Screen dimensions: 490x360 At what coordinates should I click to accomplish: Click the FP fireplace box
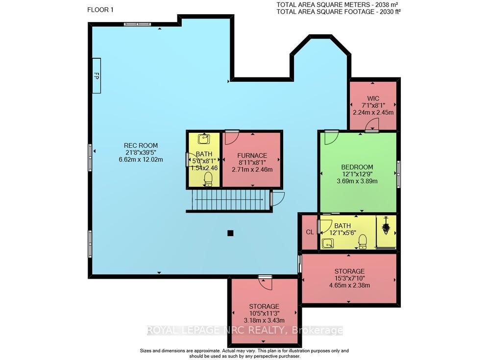tap(96, 75)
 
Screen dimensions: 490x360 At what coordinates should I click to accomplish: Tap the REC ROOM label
tap(141, 145)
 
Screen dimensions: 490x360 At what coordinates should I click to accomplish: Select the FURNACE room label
tap(252, 155)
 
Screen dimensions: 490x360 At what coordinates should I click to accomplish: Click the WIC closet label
tap(373, 98)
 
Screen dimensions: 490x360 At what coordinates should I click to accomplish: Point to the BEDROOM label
tap(357, 167)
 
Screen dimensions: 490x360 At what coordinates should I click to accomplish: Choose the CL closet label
tap(310, 232)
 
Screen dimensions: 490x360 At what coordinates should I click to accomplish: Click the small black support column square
tap(230, 233)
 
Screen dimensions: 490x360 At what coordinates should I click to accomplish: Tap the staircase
tap(228, 200)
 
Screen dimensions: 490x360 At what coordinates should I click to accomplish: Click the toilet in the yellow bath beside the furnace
tap(208, 179)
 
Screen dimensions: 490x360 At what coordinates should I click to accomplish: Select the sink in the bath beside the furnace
tap(204, 139)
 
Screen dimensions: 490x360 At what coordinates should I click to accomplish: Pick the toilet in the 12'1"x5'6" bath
tap(363, 241)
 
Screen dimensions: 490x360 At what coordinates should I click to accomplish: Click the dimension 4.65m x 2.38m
tap(349, 286)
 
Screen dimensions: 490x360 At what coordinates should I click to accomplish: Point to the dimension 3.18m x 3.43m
tap(264, 320)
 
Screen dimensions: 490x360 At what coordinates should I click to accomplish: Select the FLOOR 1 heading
tap(100, 10)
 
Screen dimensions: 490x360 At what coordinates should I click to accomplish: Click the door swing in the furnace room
tap(232, 138)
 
